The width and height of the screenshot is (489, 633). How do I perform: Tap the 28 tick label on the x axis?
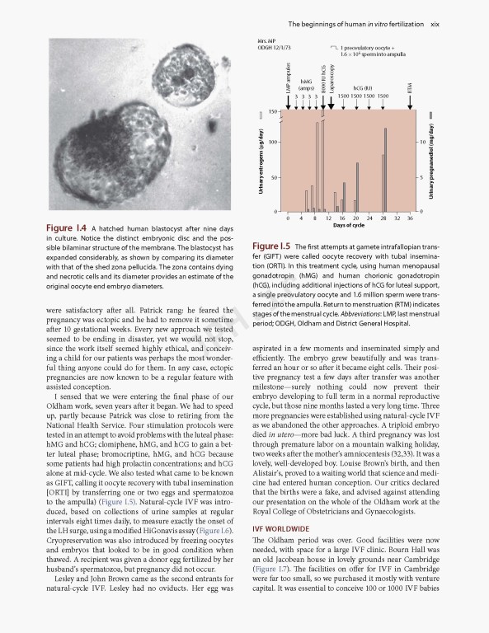[x=383, y=218]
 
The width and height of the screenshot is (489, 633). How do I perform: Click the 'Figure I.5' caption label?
[x=271, y=246]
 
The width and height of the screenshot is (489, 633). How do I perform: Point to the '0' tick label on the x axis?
[x=288, y=218]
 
